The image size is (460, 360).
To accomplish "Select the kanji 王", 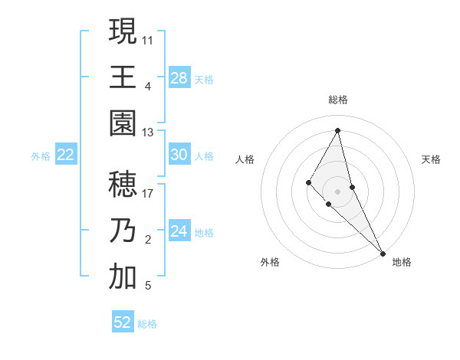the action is (123, 77).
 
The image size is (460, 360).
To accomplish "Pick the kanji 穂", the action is (123, 185).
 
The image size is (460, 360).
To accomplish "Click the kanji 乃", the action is (123, 231).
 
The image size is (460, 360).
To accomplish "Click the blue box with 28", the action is (179, 77).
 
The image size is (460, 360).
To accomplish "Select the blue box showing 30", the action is (179, 155).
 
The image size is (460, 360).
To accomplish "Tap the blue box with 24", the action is (179, 231).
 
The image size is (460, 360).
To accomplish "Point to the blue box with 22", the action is (66, 155).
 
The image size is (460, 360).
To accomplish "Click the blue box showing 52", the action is (123, 322).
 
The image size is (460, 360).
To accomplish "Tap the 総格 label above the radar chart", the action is (338, 100).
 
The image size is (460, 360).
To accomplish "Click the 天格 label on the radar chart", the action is (431, 159).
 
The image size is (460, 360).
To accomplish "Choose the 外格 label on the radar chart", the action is (270, 263).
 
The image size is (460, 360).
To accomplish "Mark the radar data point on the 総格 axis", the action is (338, 130).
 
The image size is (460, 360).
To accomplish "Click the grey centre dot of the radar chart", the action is (338, 191).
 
